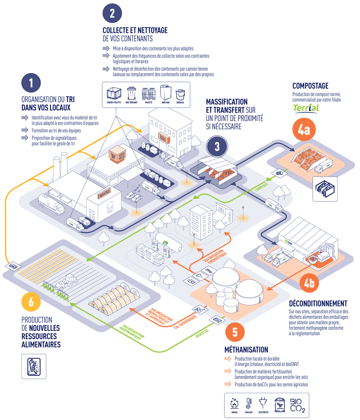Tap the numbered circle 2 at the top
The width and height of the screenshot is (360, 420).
point(112,13)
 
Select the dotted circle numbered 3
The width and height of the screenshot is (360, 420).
point(217,147)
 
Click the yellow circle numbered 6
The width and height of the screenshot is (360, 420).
point(31,302)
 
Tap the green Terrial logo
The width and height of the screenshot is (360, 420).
point(306,108)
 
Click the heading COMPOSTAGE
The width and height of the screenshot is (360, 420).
point(310,86)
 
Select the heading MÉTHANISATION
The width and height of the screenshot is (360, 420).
point(246,350)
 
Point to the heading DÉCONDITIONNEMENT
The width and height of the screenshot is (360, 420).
point(318,303)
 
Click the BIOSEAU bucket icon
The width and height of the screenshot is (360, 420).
point(180,94)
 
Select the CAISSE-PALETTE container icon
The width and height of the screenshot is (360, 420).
point(112,94)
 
